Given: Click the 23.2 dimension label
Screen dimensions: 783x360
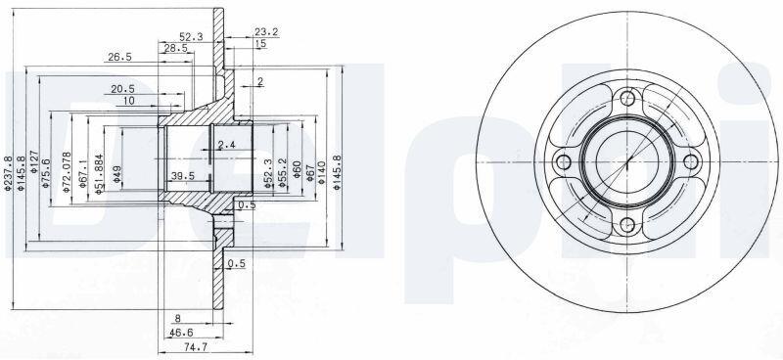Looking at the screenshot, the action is [x=266, y=32].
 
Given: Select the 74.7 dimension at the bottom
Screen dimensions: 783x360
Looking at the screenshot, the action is [x=181, y=349].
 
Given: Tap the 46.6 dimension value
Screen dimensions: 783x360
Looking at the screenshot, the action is [x=181, y=333].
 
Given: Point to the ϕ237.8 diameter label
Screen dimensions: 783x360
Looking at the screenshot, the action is [x=8, y=173].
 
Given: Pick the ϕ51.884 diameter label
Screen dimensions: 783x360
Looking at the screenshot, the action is [x=99, y=173].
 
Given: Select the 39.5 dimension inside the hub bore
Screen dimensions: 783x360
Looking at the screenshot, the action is [x=182, y=175].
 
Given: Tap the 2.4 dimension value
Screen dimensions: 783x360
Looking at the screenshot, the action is [x=226, y=145].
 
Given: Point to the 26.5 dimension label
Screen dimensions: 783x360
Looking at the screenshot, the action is [x=119, y=57].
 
